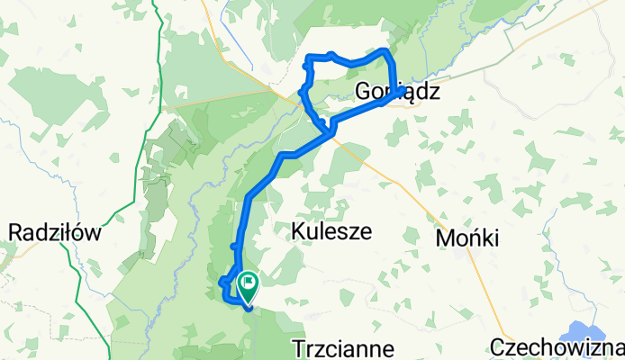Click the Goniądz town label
coord(398,92)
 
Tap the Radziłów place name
coord(53,232)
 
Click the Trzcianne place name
coord(343,347)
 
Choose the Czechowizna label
coord(557,347)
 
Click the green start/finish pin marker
coord(247,287)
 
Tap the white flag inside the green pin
coord(247,283)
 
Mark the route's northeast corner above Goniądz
coord(387,51)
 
